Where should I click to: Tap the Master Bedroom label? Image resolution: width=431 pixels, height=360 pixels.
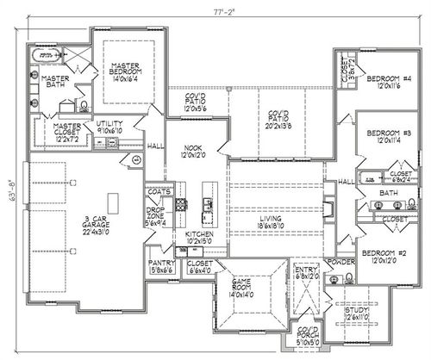(123, 71)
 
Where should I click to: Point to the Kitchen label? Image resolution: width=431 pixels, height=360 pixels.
(199, 234)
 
